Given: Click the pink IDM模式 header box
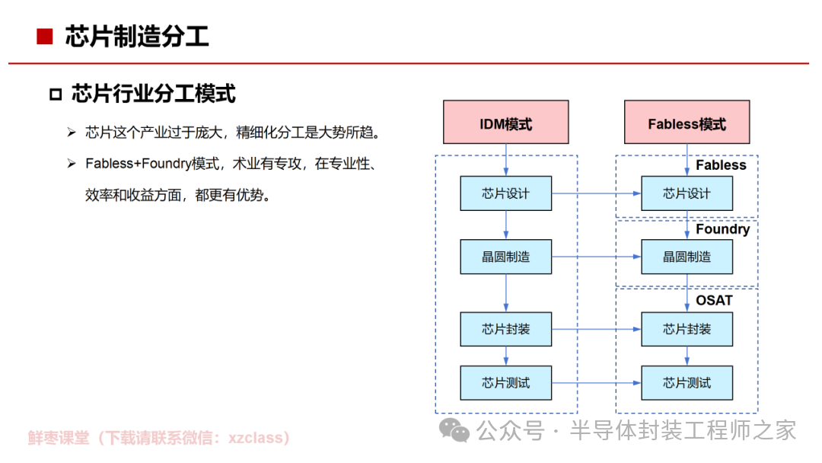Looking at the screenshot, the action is click(506, 122).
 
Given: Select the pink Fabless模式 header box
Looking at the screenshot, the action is click(687, 122).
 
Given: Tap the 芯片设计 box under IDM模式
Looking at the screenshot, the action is click(506, 193).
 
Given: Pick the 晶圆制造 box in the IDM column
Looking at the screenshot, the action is click(506, 257).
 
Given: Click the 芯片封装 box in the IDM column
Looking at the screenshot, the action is click(506, 329).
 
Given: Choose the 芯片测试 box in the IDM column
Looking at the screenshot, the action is click(506, 383).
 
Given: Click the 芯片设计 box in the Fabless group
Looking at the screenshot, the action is click(687, 193).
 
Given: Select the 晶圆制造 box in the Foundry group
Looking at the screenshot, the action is click(687, 257).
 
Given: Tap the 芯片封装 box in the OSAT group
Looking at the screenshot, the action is click(687, 329).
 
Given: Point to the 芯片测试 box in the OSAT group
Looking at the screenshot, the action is click(687, 383).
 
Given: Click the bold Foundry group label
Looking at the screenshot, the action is click(723, 230).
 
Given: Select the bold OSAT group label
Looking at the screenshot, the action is click(714, 301).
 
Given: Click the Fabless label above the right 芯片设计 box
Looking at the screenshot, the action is click(721, 165).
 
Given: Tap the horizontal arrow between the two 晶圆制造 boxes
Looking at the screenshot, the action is click(597, 257).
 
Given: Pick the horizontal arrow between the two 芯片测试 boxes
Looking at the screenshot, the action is click(597, 383).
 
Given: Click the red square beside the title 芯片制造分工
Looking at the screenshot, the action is click(45, 37).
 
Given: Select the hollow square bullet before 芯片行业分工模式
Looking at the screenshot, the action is click(56, 94).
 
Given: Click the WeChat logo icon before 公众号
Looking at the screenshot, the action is click(454, 430).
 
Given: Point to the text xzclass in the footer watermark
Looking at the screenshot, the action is click(255, 438).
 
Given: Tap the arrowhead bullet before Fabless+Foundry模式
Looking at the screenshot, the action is click(72, 164).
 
